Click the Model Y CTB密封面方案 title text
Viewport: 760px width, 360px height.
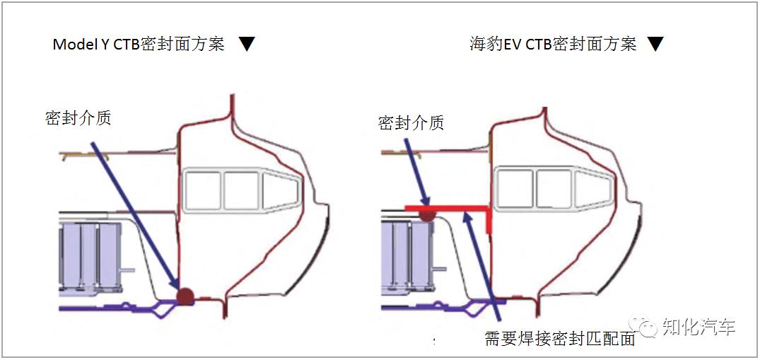click(x=139, y=44)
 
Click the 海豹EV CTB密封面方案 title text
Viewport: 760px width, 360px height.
click(x=553, y=44)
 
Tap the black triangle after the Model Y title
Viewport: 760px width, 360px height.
click(x=246, y=45)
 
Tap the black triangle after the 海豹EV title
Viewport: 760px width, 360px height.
click(x=655, y=45)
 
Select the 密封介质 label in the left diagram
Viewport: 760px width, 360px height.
click(x=78, y=118)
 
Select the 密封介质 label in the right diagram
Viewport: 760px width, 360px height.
click(x=411, y=123)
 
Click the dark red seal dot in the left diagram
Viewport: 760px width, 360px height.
click(x=185, y=296)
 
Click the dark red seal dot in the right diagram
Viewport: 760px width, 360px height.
click(x=427, y=213)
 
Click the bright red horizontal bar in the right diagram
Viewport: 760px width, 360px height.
click(x=452, y=208)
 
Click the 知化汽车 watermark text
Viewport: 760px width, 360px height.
click(x=698, y=327)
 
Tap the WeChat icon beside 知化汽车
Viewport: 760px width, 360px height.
click(x=648, y=327)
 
